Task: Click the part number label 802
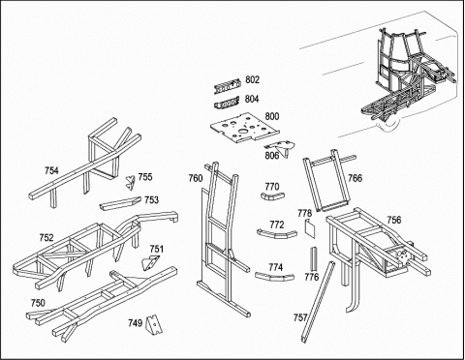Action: click(252, 79)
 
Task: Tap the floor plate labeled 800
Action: click(245, 128)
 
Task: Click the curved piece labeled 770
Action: click(273, 195)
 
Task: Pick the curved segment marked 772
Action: click(277, 234)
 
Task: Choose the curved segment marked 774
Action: click(275, 277)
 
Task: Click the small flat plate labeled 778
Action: click(310, 227)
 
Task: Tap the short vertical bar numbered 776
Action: click(314, 259)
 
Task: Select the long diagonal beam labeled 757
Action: click(319, 301)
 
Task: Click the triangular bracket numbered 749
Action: click(154, 325)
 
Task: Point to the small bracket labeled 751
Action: click(150, 262)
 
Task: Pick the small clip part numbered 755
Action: click(130, 183)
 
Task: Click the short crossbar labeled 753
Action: click(120, 203)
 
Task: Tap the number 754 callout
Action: click(51, 170)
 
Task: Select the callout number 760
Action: click(196, 178)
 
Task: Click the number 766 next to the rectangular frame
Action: click(355, 178)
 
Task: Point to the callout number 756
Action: click(394, 220)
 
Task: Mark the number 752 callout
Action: click(46, 238)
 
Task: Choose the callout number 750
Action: click(38, 303)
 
